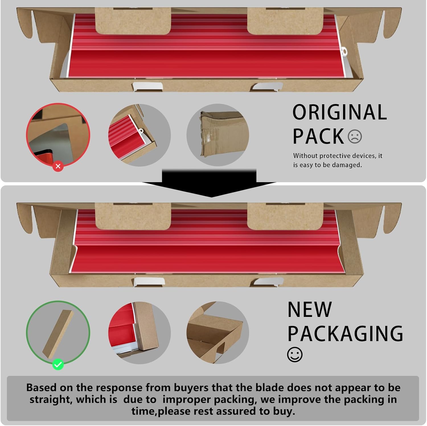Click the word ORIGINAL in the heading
click(340, 112)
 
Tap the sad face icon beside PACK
click(355, 136)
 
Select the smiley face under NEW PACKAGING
click(295, 355)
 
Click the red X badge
click(58, 166)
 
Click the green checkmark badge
click(58, 364)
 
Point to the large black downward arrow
click(210, 183)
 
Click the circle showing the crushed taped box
click(218, 135)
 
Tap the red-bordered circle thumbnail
click(58, 135)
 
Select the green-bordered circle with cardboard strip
click(58, 333)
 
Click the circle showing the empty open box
click(218, 333)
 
